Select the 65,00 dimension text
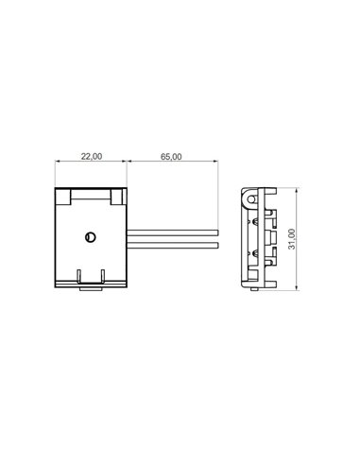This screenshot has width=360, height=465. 172,156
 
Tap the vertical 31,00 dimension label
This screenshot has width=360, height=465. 294,238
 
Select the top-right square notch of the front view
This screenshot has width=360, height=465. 117,198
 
